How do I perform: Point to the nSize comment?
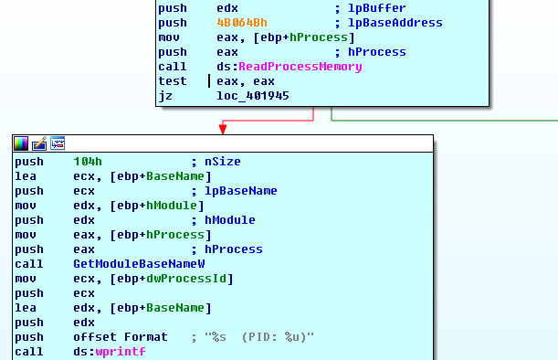(220, 162)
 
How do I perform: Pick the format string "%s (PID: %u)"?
(260, 337)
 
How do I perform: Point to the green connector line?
(438, 120)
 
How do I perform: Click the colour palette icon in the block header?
(21, 143)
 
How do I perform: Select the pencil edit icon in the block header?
(39, 143)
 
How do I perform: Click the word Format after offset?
(146, 337)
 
